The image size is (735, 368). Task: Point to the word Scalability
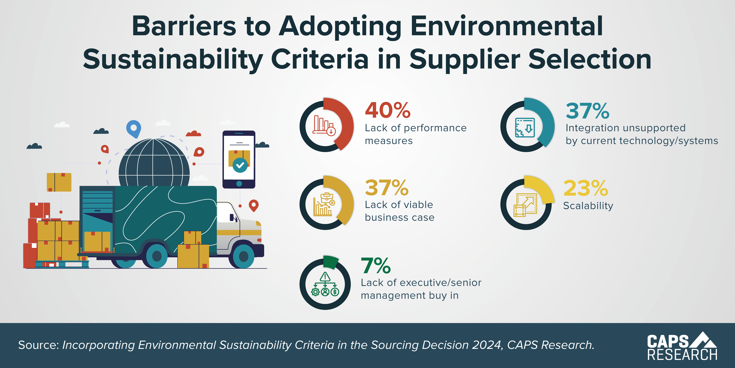pyautogui.click(x=588, y=206)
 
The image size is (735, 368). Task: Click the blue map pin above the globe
pyautogui.click(x=133, y=128)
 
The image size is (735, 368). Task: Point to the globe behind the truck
pyautogui.click(x=154, y=163)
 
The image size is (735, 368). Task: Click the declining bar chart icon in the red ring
pyautogui.click(x=324, y=125)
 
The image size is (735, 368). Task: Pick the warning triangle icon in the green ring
pyautogui.click(x=325, y=277)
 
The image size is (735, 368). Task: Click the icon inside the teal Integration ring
pyautogui.click(x=525, y=127)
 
